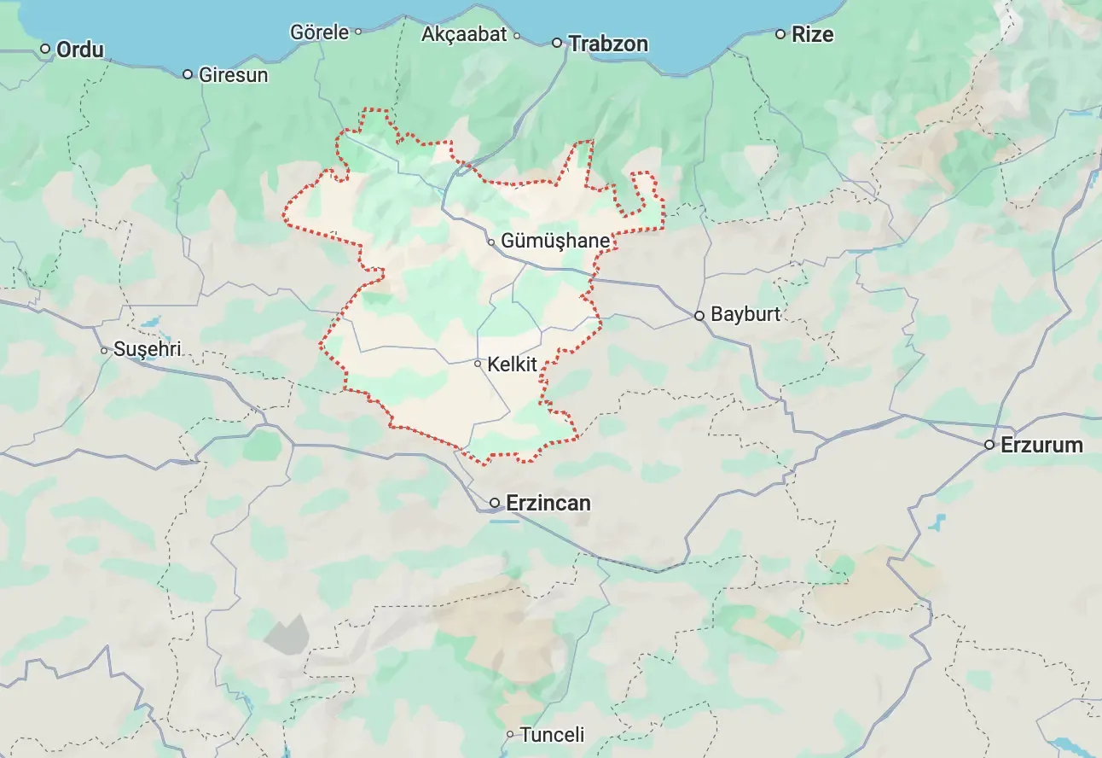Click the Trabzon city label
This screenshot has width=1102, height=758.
(608, 44)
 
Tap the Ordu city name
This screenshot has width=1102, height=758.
(79, 50)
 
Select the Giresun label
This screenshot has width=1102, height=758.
(233, 75)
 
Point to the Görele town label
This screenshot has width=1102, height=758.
(319, 32)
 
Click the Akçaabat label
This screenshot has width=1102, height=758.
(464, 35)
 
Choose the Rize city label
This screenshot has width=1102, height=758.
(812, 35)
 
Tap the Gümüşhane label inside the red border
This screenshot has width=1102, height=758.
(554, 242)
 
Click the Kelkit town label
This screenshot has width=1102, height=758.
(512, 365)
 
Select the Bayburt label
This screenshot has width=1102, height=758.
(745, 314)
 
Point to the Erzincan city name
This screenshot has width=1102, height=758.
(548, 503)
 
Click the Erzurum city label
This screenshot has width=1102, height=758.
(1041, 445)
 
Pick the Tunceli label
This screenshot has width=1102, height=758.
(552, 734)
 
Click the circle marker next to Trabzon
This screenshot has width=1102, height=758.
(557, 43)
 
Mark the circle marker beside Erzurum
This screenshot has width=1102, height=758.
(989, 445)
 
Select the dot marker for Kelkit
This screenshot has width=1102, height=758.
(478, 364)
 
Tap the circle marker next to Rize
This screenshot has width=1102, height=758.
(780, 34)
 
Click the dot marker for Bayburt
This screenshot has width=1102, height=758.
(699, 315)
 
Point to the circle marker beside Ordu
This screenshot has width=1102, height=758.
(45, 49)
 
